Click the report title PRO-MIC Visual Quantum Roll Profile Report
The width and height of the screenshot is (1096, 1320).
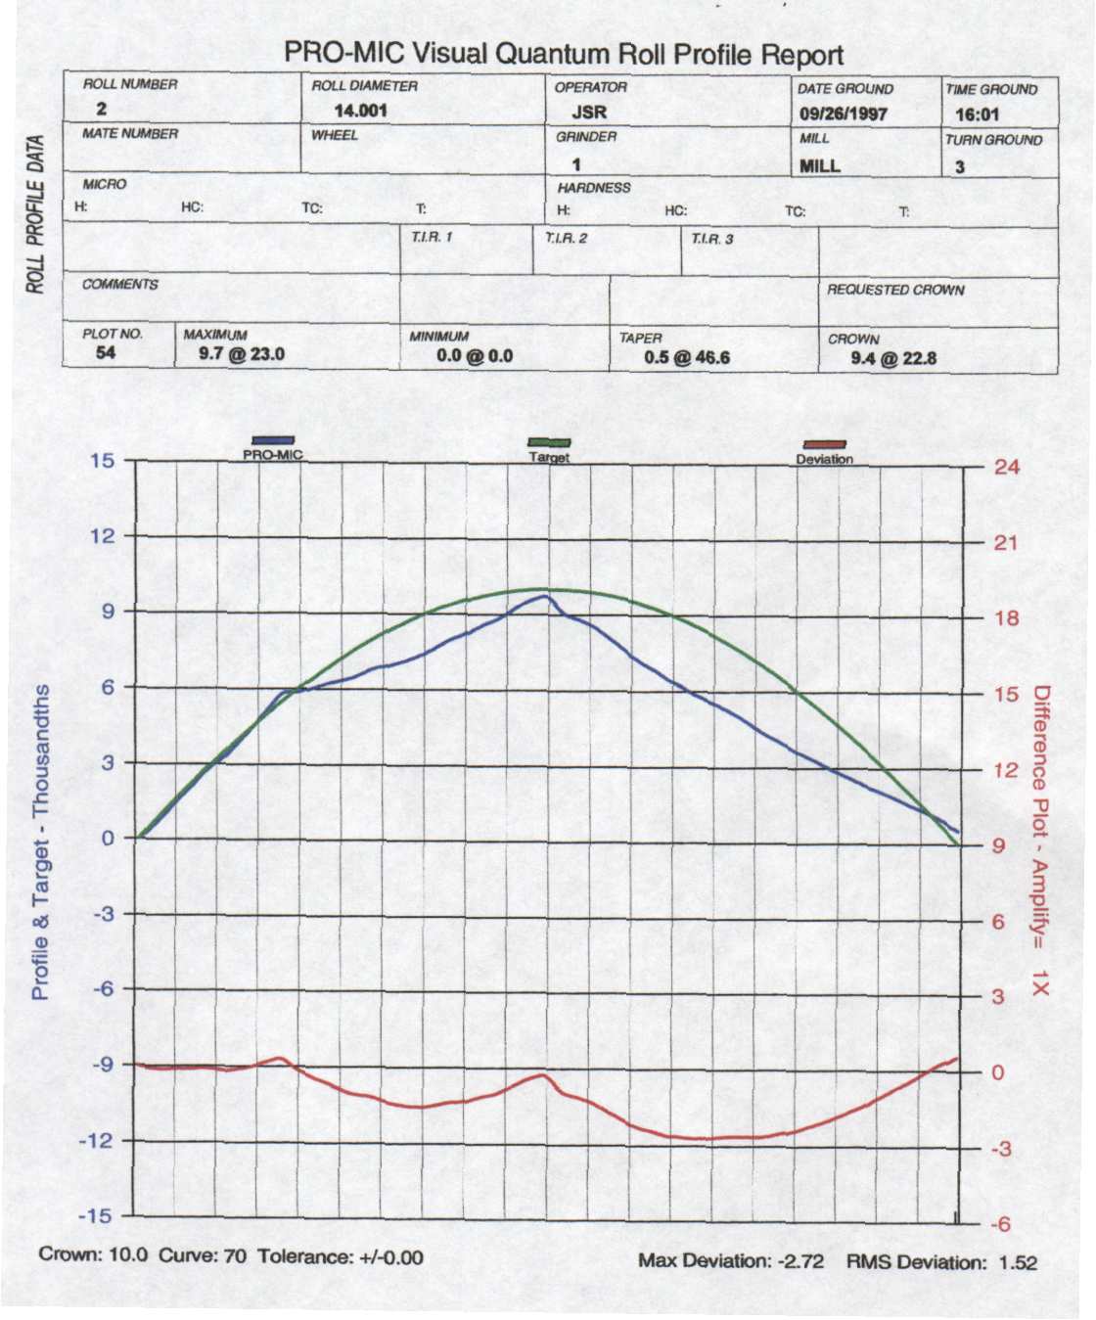coord(563,54)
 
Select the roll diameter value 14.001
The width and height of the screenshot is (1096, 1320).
coord(360,111)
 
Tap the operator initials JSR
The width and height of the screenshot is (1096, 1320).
coord(589,112)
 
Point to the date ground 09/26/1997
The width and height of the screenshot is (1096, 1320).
coord(843,114)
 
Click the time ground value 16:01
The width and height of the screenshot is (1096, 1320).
coord(977,114)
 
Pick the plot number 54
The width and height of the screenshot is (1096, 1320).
coord(106,352)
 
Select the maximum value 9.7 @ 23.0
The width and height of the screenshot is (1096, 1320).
coord(241,353)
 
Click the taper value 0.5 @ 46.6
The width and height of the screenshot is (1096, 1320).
coord(686,357)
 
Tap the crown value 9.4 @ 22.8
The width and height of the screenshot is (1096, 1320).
coord(892,358)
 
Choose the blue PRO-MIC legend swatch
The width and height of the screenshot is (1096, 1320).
coord(273,441)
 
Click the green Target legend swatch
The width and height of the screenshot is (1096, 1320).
coord(549,443)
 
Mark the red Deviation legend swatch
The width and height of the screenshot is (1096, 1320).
coord(824,445)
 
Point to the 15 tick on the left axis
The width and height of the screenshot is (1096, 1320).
coord(103,460)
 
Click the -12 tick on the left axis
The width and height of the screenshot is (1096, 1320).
coord(97,1140)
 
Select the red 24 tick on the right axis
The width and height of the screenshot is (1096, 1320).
coord(1006,467)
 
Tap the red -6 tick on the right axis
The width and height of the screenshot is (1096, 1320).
coord(1000,1224)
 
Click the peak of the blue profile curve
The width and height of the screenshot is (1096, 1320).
coord(544,596)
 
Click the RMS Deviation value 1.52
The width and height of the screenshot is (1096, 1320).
coord(1017,1262)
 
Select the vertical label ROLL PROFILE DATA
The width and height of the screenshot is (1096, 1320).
coord(36,213)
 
